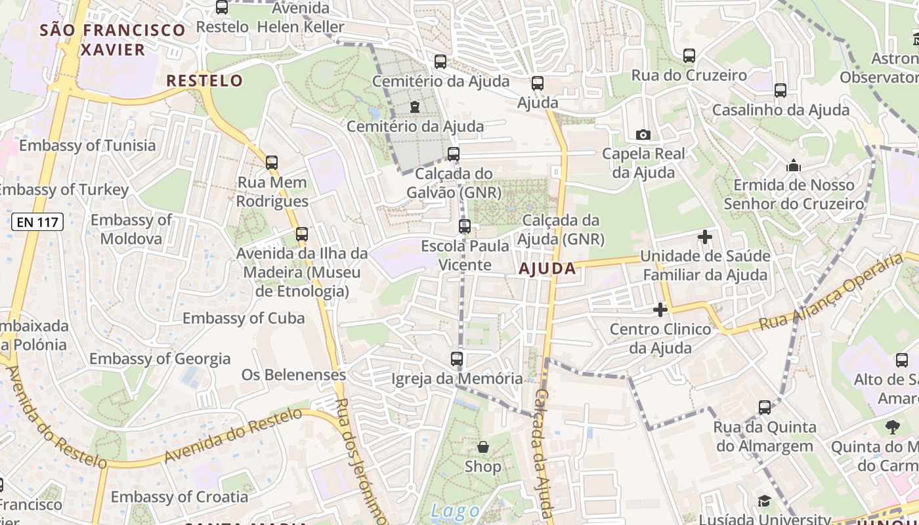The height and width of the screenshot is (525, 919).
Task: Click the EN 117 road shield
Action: point(37,222)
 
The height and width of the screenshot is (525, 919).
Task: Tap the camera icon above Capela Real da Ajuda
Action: point(643,135)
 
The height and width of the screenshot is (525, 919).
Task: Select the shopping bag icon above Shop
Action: point(483,448)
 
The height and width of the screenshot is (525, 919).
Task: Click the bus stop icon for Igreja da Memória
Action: point(457,359)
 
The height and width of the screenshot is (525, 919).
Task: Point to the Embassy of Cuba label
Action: point(244,318)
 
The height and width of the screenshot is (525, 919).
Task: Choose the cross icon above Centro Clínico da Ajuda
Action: point(660,309)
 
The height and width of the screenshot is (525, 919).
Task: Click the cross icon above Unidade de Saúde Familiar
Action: point(705,236)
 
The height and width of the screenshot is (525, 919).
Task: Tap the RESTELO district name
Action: point(205,81)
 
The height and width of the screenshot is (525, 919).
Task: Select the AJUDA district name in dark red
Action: point(547,268)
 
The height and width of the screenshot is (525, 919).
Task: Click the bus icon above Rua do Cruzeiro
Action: point(689,56)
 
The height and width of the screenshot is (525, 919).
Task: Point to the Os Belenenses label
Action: point(293,375)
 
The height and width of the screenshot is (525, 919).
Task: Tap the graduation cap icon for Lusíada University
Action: point(764,501)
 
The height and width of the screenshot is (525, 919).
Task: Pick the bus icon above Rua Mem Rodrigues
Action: point(272,162)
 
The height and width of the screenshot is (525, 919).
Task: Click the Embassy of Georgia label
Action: point(160,359)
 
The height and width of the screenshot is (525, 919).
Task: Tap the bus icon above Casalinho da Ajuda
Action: point(780,91)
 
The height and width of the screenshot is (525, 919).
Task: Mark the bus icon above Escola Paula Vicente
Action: point(465,226)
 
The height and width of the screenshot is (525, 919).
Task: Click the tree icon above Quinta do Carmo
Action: point(892,428)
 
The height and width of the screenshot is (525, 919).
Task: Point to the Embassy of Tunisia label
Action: point(87,146)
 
